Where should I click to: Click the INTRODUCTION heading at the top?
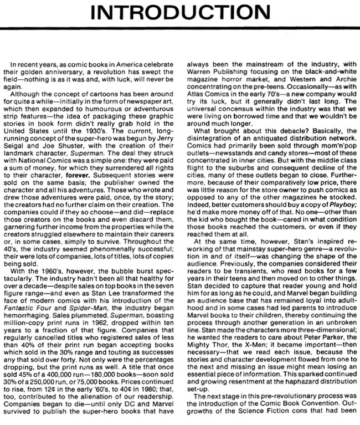tap(180, 13)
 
